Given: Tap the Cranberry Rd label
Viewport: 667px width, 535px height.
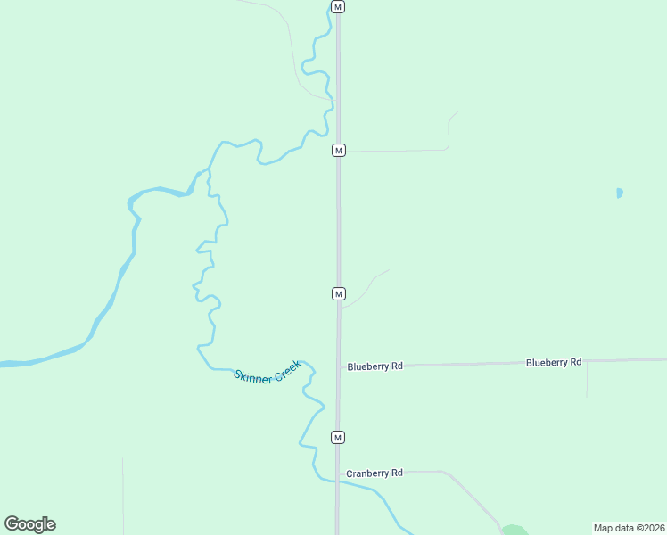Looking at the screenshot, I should pyautogui.click(x=375, y=473).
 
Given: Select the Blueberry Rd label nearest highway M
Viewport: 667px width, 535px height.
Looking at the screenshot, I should pyautogui.click(x=375, y=366).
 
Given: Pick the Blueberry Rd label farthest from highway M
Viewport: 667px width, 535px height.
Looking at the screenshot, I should pyautogui.click(x=554, y=362).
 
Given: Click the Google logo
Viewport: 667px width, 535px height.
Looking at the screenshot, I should pyautogui.click(x=29, y=524).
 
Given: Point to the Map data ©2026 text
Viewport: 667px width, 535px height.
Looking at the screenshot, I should pyautogui.click(x=629, y=527).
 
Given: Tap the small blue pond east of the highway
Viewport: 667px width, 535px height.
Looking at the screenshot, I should pyautogui.click(x=619, y=193).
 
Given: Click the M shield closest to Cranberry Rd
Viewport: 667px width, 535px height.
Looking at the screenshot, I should pyautogui.click(x=338, y=437).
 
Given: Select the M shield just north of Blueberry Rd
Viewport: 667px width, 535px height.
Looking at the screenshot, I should pyautogui.click(x=338, y=293).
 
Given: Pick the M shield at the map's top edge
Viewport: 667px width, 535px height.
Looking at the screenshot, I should pyautogui.click(x=337, y=7).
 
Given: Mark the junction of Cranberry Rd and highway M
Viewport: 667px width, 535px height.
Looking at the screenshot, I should pyautogui.click(x=338, y=473).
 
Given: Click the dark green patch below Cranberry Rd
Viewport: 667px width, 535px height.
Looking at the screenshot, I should pyautogui.click(x=514, y=531).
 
